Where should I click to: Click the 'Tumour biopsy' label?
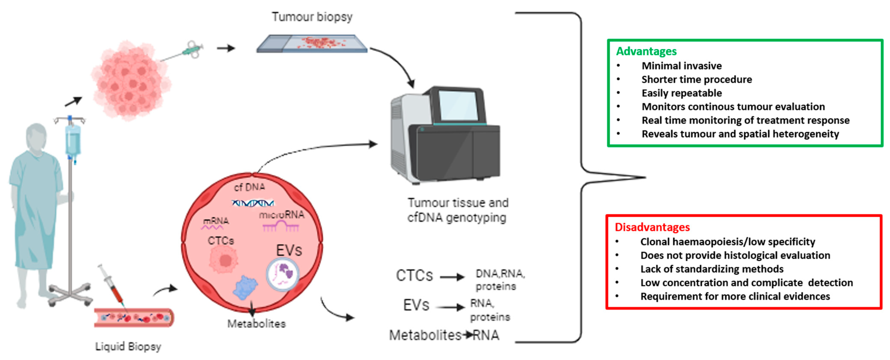click(x=312, y=16)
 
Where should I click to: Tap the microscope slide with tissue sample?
click(x=312, y=44)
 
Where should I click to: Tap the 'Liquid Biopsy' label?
click(x=128, y=346)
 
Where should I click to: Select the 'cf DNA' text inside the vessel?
click(x=250, y=187)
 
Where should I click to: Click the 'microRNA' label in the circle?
click(x=282, y=215)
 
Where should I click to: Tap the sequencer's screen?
click(x=458, y=106)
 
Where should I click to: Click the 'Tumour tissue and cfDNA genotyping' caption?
click(x=458, y=210)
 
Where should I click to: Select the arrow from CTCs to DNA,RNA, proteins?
click(x=452, y=277)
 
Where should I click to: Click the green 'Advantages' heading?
click(x=646, y=51)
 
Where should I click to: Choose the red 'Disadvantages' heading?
click(x=652, y=227)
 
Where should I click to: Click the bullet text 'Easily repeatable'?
click(x=681, y=93)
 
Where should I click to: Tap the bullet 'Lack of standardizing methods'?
click(x=712, y=269)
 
